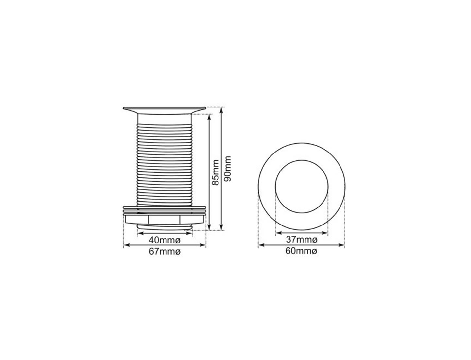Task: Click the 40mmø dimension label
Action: tap(165, 240)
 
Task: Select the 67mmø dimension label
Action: tap(165, 252)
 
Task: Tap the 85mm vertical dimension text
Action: tap(216, 172)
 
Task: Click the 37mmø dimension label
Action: tap(302, 240)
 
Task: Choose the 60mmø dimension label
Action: tap(302, 251)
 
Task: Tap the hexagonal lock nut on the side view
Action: tap(165, 219)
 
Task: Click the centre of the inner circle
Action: tap(302, 187)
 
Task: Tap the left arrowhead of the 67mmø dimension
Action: tap(125, 245)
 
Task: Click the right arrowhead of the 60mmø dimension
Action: tap(343, 245)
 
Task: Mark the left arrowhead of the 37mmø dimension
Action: tap(277, 233)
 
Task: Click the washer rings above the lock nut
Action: tap(165, 209)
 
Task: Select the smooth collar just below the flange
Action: tap(165, 118)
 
